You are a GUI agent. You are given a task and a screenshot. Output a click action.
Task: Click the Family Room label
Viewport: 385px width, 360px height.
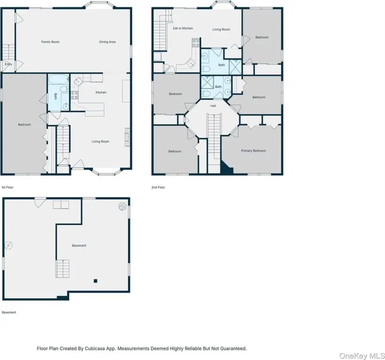(50, 42)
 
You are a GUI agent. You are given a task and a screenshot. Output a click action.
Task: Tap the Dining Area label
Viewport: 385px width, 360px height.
(107, 42)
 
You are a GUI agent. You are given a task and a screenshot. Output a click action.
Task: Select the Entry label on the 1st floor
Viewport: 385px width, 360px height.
(8, 64)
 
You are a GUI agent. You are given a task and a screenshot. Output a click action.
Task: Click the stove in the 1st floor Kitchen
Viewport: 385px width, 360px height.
(74, 95)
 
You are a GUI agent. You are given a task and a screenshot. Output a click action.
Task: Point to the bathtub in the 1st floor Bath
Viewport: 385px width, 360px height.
(59, 79)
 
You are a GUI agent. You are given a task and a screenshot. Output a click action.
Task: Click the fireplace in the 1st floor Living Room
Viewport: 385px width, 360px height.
(127, 137)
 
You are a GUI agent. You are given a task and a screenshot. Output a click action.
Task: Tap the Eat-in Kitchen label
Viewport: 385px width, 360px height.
(183, 29)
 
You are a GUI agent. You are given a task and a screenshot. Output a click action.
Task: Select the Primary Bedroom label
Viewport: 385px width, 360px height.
(253, 151)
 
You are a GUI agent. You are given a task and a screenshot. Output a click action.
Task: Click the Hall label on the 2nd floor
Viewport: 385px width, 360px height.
(213, 106)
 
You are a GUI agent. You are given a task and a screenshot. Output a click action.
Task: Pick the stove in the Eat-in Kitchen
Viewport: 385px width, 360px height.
(196, 43)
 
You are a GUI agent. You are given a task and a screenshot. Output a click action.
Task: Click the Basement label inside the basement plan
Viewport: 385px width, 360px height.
(79, 246)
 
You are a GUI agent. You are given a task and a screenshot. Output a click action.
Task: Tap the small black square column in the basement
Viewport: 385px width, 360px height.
(96, 281)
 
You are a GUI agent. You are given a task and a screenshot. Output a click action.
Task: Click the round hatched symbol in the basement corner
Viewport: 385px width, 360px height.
(123, 206)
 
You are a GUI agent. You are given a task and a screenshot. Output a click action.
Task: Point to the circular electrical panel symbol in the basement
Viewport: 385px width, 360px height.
(8, 245)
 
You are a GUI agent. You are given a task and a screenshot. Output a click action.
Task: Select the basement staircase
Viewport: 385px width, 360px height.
(62, 269)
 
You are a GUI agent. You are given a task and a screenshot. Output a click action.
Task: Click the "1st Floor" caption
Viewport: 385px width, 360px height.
(7, 187)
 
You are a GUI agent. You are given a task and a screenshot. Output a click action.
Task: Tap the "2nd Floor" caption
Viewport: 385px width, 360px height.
(158, 187)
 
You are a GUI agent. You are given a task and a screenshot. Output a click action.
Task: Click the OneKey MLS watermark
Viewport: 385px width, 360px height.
(362, 356)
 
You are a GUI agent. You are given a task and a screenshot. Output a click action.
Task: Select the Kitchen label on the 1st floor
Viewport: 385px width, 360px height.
(101, 92)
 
